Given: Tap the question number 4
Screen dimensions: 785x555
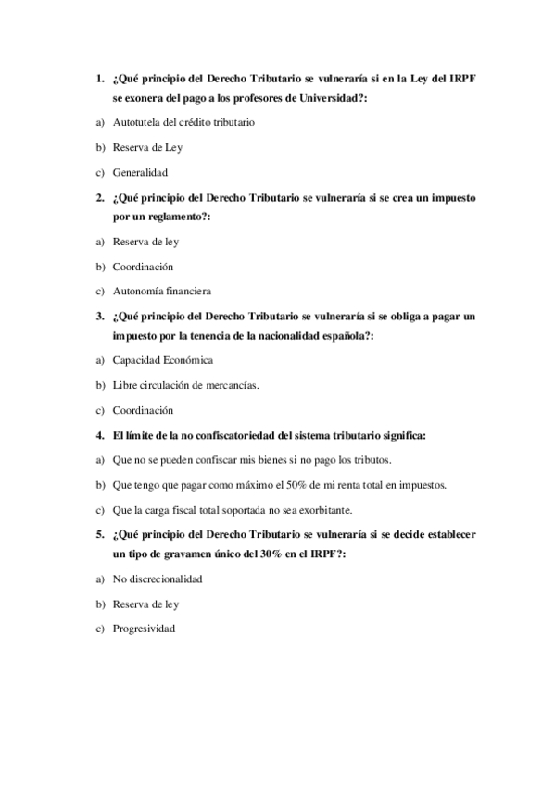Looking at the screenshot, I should [x=99, y=435].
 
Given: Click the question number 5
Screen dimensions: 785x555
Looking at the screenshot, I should [x=99, y=534].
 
